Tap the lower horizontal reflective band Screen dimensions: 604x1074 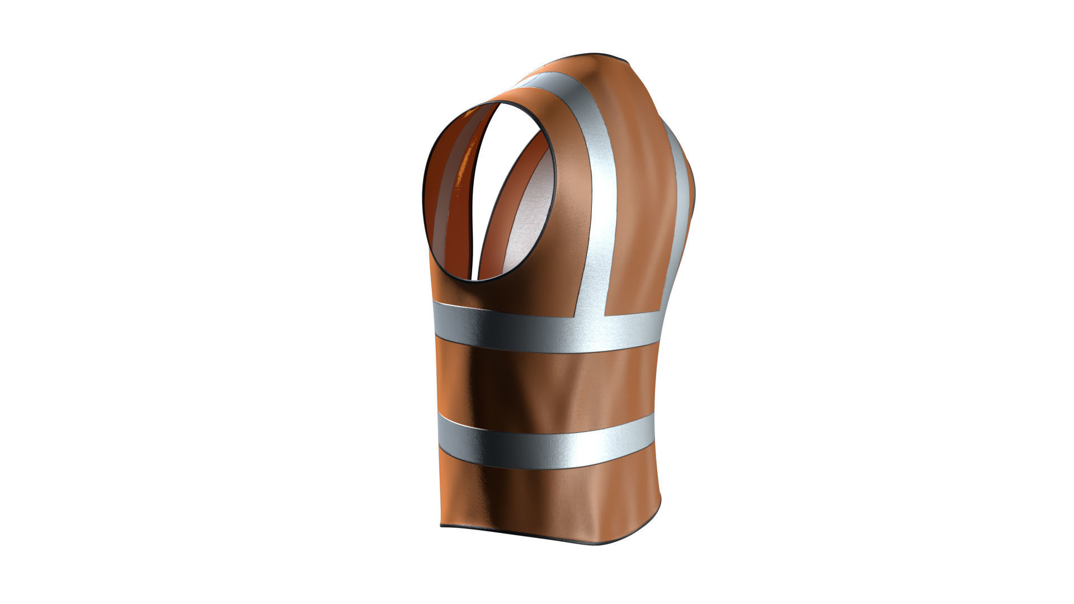(x=543, y=442)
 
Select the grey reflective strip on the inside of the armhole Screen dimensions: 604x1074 (x=442, y=213)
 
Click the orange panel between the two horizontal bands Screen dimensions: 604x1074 (x=543, y=386)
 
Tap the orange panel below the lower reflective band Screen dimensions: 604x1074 (x=548, y=498)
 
